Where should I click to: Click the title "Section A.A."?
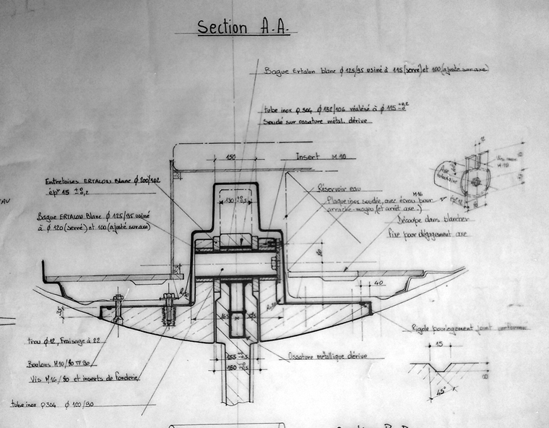point(243,27)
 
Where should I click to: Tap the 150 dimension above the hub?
point(230,157)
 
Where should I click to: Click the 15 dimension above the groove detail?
point(441,344)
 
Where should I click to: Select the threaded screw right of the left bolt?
point(169,311)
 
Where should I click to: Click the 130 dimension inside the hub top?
point(230,199)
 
